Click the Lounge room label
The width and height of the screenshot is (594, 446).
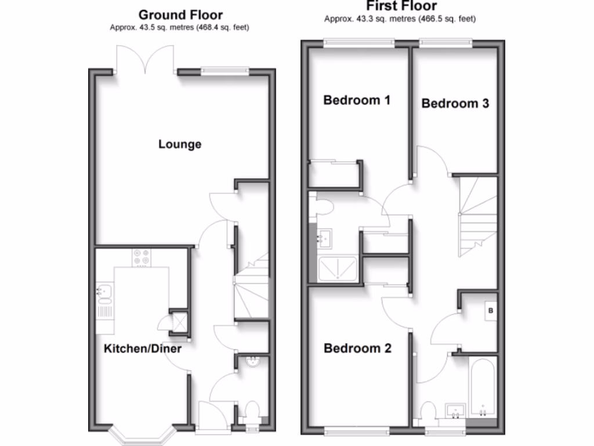[180, 144]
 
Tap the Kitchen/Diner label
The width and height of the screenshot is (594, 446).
[143, 349]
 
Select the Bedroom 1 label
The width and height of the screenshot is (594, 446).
[357, 100]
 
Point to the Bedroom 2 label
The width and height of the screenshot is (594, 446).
[357, 348]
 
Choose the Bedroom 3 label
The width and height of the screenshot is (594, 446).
[455, 103]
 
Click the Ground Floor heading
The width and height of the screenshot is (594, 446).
[180, 15]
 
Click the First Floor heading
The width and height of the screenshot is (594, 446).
[401, 6]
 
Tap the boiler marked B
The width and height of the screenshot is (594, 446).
[491, 312]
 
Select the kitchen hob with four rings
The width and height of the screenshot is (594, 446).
[141, 257]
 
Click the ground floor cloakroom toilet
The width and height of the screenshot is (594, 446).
[252, 411]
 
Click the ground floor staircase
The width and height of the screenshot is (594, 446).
[252, 287]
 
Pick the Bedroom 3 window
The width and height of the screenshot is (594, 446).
[445, 42]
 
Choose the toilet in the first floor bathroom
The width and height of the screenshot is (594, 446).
[430, 411]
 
